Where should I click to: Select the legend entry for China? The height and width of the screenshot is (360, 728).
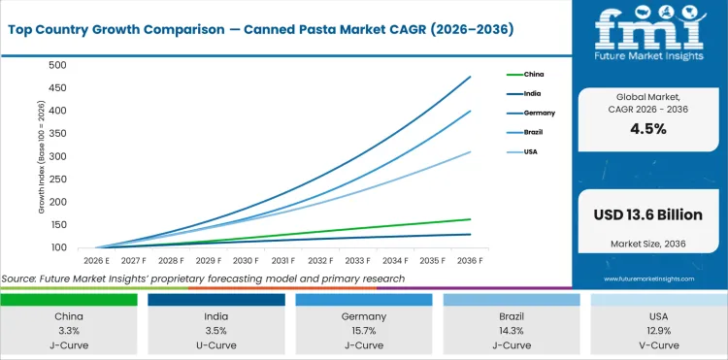pos(533,74)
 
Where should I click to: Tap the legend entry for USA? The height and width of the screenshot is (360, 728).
pos(531,151)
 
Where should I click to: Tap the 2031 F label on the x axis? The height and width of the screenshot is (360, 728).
pos(283,261)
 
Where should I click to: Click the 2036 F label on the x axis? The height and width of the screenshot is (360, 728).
pos(471,261)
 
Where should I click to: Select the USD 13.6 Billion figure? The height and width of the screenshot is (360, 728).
pos(649,213)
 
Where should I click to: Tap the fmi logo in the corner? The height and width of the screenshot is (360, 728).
pos(648,40)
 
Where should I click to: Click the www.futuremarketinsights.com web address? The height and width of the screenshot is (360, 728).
pos(649,278)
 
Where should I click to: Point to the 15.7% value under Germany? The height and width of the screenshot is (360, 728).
pos(363,331)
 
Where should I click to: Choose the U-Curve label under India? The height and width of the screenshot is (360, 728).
pos(215,345)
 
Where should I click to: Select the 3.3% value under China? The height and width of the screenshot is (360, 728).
pos(68,331)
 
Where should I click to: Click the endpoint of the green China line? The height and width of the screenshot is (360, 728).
pos(471,219)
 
